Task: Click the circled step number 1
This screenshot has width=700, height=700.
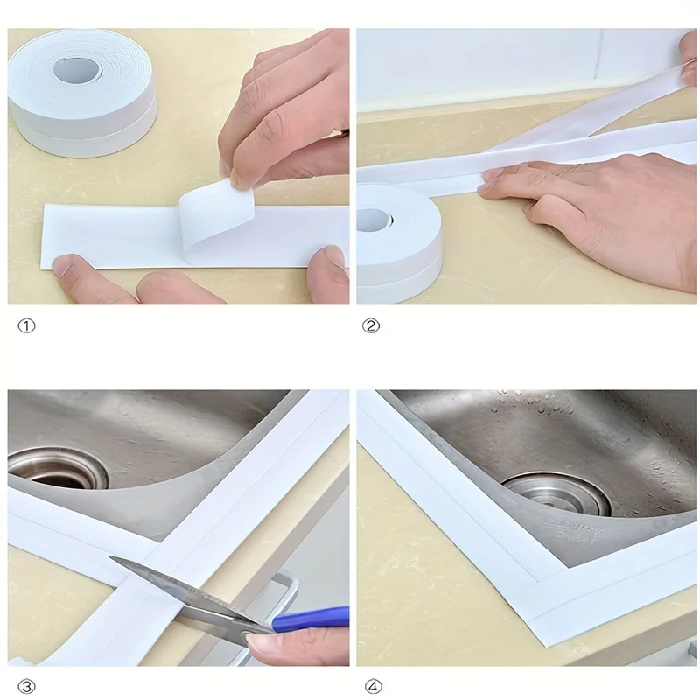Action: (x=26, y=325)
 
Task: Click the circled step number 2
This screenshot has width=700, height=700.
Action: (x=370, y=325)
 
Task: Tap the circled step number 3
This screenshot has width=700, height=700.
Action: (x=26, y=686)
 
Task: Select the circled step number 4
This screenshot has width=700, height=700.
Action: (x=374, y=686)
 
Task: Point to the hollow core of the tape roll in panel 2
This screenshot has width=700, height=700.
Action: (x=374, y=220)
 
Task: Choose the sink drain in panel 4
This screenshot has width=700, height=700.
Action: (x=557, y=494)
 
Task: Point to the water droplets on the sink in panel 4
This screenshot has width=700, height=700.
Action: (x=527, y=404)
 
